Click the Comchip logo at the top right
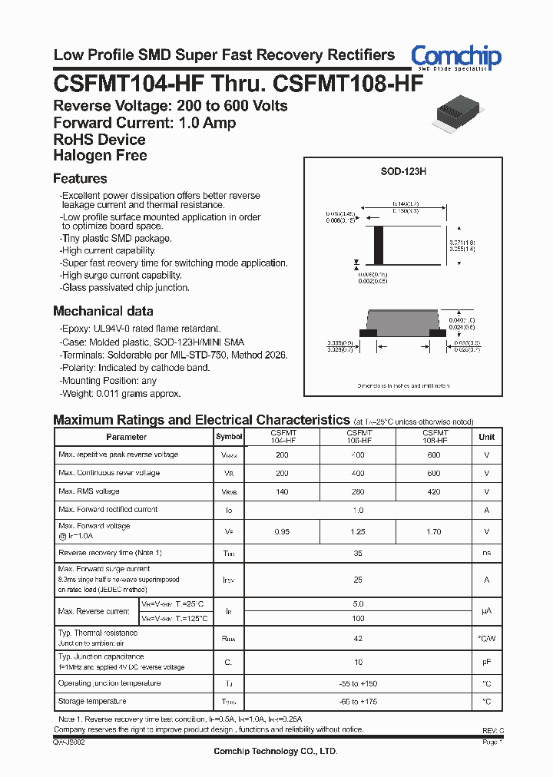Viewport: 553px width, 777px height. coord(455,57)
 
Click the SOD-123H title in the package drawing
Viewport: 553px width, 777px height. coord(403,173)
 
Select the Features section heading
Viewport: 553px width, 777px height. coord(80,179)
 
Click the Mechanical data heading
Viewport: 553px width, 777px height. coord(103,311)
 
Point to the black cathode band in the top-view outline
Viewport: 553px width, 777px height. coord(377,245)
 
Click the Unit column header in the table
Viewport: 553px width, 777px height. coord(486,437)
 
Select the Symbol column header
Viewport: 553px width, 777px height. coord(228,437)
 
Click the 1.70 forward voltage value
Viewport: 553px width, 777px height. coord(434,531)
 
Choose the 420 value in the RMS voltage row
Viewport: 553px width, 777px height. coord(434,491)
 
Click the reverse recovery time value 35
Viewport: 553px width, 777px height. coord(357,553)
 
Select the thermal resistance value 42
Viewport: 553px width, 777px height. coord(357,637)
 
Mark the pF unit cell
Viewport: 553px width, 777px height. coord(486,661)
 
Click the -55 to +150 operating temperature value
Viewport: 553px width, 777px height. coord(357,683)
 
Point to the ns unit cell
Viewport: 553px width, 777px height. coord(486,553)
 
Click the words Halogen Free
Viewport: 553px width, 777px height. coord(100,156)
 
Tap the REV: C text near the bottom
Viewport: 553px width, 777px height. coord(492,730)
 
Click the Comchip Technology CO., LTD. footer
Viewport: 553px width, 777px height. coord(275,752)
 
